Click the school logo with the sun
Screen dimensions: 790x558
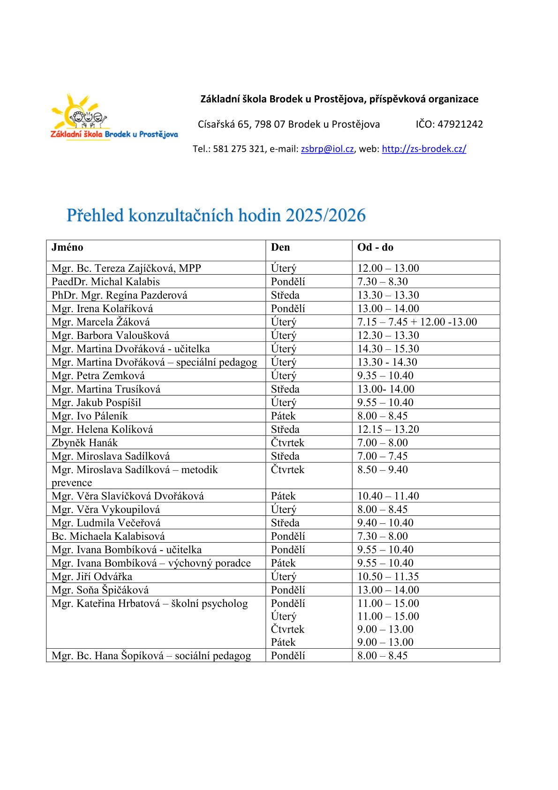point(114,117)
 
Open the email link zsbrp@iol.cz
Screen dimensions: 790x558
point(327,149)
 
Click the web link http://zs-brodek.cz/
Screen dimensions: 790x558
point(424,149)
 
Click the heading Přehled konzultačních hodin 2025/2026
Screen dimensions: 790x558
point(216,215)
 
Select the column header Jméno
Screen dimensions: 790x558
point(68,247)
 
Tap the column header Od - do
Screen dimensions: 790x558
point(375,247)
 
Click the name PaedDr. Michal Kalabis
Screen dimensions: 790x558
point(106,282)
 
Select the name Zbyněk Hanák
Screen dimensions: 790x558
point(85,443)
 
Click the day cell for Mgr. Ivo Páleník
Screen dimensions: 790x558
point(283,416)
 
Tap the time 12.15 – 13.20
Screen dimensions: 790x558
point(388,430)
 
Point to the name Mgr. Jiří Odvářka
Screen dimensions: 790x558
point(92,576)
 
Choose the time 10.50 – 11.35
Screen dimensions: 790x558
point(388,576)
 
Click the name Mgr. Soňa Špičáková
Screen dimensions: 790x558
point(100,590)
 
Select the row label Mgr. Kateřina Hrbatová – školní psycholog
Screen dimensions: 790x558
point(150,604)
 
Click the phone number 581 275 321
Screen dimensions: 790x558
point(239,149)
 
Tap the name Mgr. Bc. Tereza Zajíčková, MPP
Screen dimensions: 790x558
point(126,268)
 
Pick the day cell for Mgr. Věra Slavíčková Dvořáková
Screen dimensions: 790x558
point(283,496)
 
